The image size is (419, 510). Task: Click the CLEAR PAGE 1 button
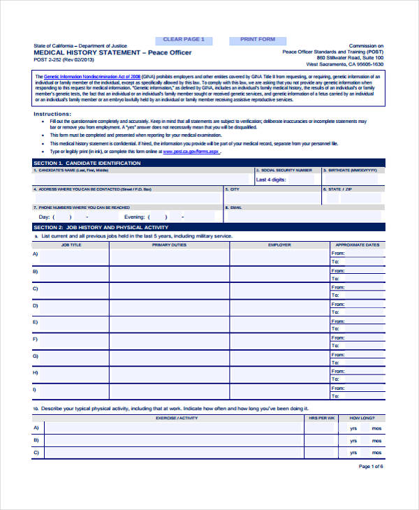coord(184,40)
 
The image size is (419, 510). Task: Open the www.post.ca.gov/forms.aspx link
coord(191,151)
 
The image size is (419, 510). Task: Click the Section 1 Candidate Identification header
coord(87,163)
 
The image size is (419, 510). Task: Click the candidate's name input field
coord(142,180)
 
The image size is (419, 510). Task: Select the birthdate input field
coord(353,180)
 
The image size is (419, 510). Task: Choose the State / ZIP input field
coord(353,198)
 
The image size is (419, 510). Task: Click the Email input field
coord(303,216)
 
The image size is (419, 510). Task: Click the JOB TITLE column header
coord(71,245)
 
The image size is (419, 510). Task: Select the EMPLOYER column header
coord(279,245)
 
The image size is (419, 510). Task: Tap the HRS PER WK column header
coord(322,417)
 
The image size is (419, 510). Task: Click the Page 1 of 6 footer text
coord(371,466)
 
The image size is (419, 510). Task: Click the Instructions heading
coord(52,113)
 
